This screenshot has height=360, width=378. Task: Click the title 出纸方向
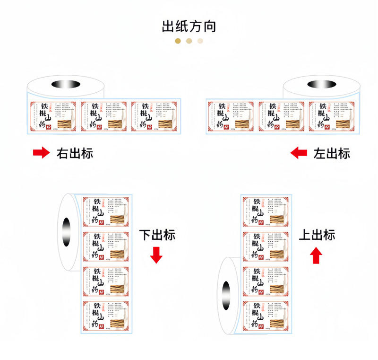(189, 26)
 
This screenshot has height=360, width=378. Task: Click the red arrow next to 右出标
(41, 153)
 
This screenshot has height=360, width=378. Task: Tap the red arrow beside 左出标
(299, 153)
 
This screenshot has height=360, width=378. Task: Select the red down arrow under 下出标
(156, 255)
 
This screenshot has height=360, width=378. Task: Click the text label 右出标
(75, 153)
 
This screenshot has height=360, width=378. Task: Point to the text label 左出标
(332, 153)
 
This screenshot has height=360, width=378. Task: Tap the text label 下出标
(157, 235)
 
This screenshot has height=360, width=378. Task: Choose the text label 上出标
(317, 235)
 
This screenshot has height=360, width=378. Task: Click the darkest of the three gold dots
(178, 41)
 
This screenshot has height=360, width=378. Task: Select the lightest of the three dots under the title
(200, 41)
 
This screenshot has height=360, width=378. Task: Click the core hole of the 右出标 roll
(66, 85)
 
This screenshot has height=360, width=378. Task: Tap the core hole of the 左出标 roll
(321, 85)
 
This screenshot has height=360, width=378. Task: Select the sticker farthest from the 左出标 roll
(231, 116)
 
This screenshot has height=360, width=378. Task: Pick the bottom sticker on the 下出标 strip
(106, 316)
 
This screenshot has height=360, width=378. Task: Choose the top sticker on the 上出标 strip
(266, 211)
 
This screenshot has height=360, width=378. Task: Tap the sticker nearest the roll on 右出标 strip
(53, 116)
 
